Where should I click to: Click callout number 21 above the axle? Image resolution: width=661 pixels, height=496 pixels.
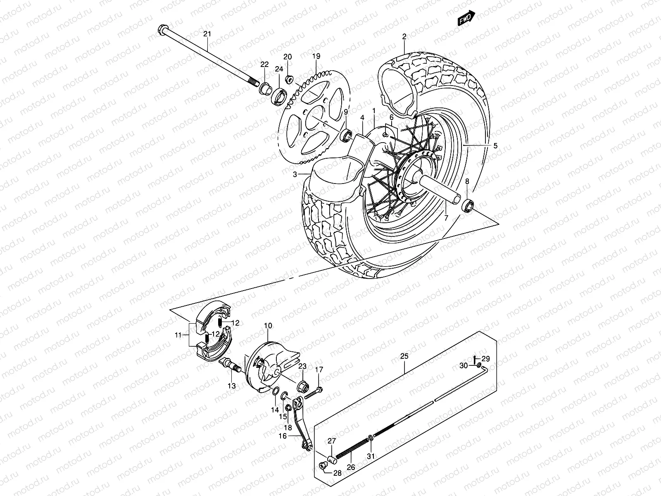[207, 34]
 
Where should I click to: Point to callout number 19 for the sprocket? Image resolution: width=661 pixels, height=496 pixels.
[316, 56]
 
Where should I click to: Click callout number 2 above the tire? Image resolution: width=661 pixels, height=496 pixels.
[404, 37]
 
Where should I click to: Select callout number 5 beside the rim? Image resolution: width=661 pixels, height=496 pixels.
[495, 145]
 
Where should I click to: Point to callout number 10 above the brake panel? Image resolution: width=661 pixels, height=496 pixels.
[268, 326]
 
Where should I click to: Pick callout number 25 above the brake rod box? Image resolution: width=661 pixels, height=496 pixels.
[404, 356]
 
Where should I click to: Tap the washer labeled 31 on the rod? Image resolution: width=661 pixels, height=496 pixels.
[371, 438]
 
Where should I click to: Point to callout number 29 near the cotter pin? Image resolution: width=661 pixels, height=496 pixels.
[485, 358]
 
